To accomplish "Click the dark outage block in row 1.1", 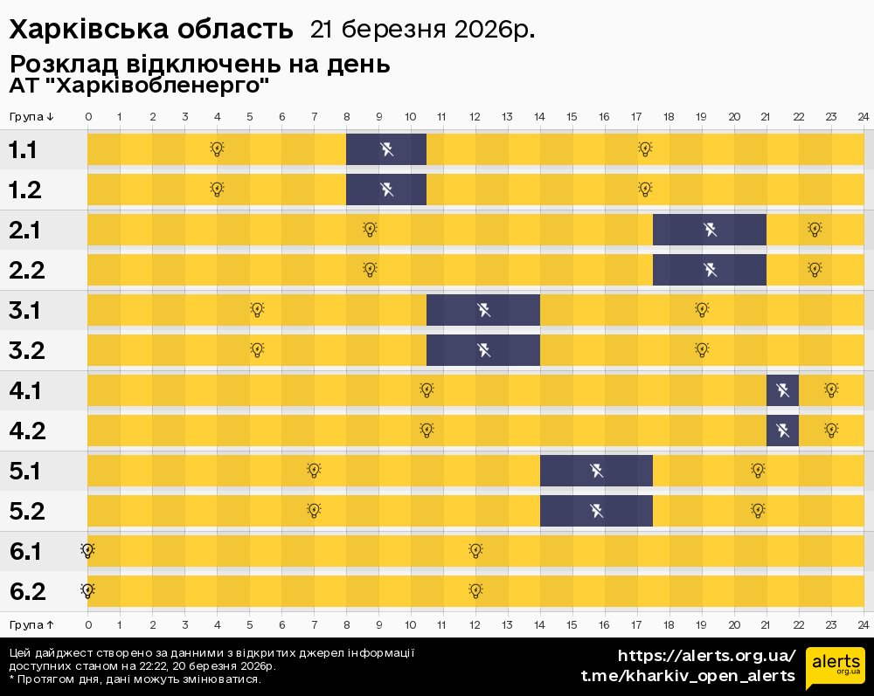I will click(386, 149).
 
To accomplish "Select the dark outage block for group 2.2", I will click(710, 270).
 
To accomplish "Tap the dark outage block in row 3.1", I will click(483, 310).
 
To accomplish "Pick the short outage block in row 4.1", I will click(782, 390).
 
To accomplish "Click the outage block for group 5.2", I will click(596, 511).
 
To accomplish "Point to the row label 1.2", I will click(26, 190).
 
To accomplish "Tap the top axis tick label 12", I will click(475, 117).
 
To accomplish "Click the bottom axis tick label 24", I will click(863, 624).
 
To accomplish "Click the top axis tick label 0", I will click(87, 117).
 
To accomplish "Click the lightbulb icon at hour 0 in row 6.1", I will click(87, 550).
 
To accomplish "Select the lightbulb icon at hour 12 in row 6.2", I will click(475, 590).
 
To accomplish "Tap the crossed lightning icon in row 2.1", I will click(710, 230).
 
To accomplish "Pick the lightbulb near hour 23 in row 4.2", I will click(831, 430).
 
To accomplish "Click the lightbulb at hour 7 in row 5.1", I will click(314, 471).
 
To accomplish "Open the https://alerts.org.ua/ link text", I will click(706, 656).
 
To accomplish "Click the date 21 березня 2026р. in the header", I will click(422, 29).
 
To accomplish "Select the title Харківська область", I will click(151, 29).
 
